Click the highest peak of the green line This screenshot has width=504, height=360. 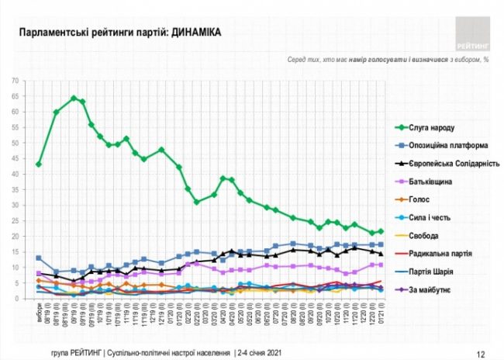tap(74, 99)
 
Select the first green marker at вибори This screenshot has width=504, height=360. tap(39, 164)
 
